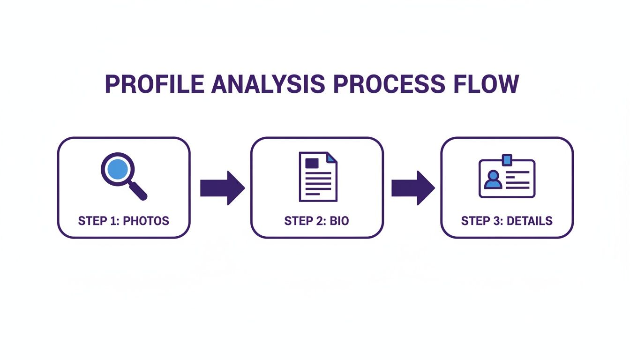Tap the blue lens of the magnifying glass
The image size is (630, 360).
point(117,169)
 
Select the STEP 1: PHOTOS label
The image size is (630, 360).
point(123,221)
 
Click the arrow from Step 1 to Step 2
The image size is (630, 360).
point(222,188)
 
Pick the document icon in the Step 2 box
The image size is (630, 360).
point(318,177)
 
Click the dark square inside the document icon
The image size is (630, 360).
point(311,163)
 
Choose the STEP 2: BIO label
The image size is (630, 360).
point(316,221)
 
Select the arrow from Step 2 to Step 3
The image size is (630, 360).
point(413,188)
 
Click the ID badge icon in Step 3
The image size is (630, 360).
point(507,177)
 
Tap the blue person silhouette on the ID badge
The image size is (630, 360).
point(493,180)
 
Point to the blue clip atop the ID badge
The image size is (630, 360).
point(507,160)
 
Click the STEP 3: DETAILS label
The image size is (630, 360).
point(507,221)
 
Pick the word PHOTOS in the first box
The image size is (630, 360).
point(146,221)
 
